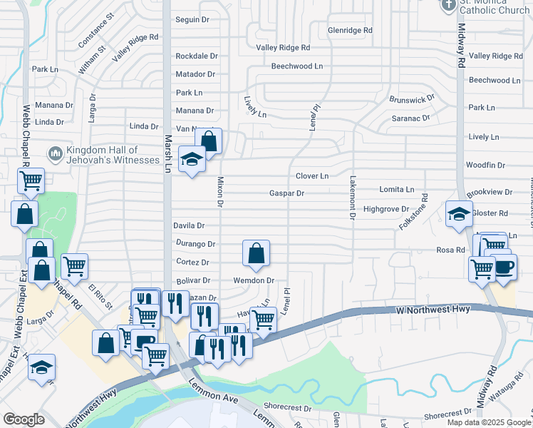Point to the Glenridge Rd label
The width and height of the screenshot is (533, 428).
pos(350,31)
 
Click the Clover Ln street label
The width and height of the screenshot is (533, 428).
pos(312,175)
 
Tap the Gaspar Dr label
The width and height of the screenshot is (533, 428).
pos(286,193)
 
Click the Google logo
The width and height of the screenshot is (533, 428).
pos(24,419)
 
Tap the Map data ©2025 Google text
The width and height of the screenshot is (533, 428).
pos(489,422)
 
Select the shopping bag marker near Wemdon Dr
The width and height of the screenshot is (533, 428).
pos(256,253)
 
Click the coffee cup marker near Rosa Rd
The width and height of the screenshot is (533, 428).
pos(504,267)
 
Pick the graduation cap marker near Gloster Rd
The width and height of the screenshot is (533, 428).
pos(459,213)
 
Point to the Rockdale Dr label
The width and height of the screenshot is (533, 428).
pos(196,56)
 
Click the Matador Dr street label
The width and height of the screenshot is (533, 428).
pos(195,74)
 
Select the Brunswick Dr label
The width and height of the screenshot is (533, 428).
pos(411,100)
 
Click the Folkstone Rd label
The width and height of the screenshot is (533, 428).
pos(424,206)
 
